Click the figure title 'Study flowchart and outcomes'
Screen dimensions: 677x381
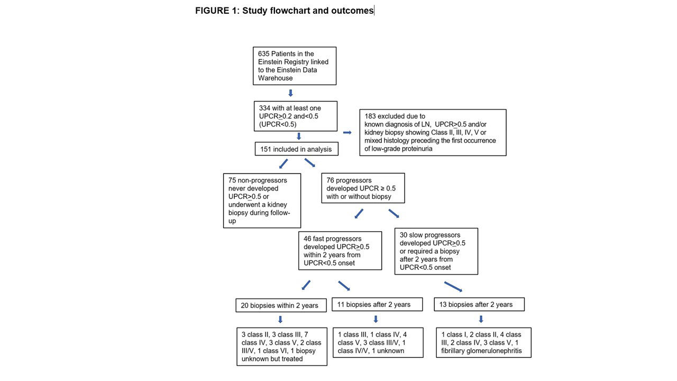tap(308, 11)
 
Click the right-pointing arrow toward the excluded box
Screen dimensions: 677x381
tap(347, 132)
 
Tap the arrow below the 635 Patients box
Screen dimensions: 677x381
tap(290, 93)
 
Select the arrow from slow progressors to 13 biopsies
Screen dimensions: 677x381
tap(453, 287)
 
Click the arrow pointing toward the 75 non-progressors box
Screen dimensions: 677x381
tap(283, 164)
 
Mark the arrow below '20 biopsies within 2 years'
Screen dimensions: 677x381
tap(280, 320)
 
